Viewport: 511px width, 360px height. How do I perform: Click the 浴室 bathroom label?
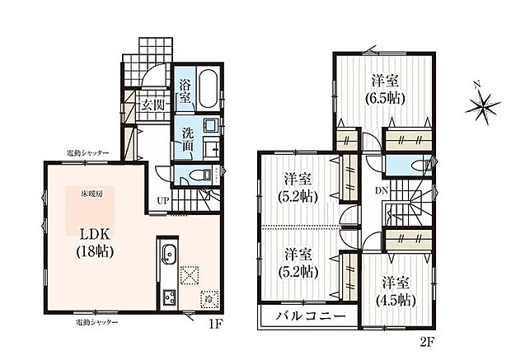185,91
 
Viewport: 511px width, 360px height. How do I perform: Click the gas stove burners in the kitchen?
169,296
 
